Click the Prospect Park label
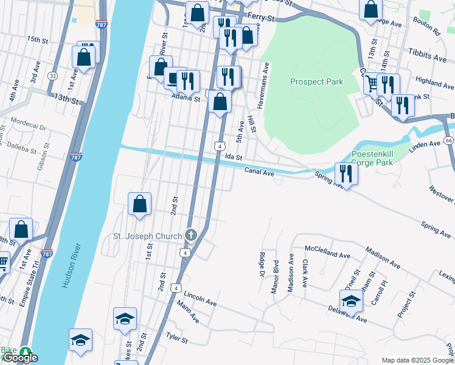[x=316, y=82]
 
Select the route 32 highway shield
[x=54, y=75]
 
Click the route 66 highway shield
[x=448, y=141]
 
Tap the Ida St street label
[x=234, y=157]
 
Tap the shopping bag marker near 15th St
[x=84, y=57]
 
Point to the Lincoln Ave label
[x=200, y=302]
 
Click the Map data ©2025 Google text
[x=417, y=360]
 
